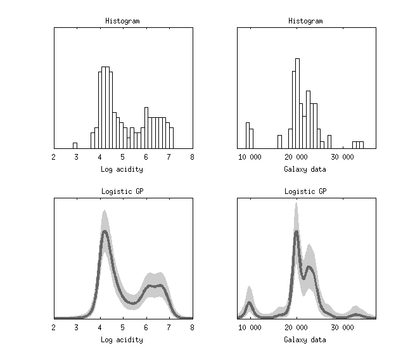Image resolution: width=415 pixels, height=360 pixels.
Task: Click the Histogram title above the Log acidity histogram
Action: pyautogui.click(x=122, y=21)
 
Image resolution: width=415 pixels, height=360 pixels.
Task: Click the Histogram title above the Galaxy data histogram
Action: pyautogui.click(x=305, y=21)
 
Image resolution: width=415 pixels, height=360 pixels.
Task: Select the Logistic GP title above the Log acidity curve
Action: pyautogui.click(x=122, y=191)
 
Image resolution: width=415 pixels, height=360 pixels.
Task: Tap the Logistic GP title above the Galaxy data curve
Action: pyautogui.click(x=305, y=191)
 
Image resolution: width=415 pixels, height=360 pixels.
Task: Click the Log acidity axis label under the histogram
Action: pyautogui.click(x=122, y=169)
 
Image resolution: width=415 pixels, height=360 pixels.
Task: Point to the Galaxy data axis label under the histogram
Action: pyautogui.click(x=305, y=169)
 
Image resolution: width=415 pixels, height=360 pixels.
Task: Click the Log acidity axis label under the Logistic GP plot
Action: pyautogui.click(x=122, y=340)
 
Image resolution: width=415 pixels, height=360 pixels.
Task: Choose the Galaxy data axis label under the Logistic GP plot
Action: pyautogui.click(x=305, y=340)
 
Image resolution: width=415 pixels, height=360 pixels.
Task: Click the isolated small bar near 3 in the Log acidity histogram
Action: pyautogui.click(x=75, y=146)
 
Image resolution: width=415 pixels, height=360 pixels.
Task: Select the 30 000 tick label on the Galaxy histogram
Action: pyautogui.click(x=343, y=157)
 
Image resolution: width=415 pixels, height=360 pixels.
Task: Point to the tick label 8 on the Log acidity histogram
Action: pyautogui.click(x=192, y=157)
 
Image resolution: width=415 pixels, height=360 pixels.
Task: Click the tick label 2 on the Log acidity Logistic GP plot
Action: pyautogui.click(x=54, y=327)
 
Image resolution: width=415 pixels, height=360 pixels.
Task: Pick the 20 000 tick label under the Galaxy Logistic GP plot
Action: pyautogui.click(x=297, y=327)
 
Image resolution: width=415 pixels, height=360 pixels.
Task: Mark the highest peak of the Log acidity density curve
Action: pyautogui.click(x=105, y=232)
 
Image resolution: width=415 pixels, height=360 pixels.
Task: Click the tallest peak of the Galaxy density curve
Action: pyautogui.click(x=296, y=233)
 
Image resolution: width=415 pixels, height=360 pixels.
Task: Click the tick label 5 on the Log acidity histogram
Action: pyautogui.click(x=123, y=157)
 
